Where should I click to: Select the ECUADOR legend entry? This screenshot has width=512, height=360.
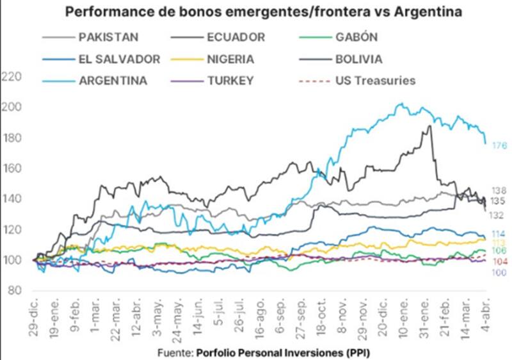[236, 37]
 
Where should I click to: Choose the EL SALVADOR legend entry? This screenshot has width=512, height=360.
[119, 60]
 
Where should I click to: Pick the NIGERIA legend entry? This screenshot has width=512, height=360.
[231, 60]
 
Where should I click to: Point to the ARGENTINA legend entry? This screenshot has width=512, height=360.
[113, 81]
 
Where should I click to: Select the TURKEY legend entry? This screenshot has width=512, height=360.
[230, 81]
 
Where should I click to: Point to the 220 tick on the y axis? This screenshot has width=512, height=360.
[13, 77]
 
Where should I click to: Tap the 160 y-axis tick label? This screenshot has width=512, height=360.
[13, 168]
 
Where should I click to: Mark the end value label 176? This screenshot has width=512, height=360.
[499, 147]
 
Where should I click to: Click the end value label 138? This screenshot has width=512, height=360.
[499, 191]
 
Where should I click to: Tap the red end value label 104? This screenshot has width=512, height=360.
[499, 263]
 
